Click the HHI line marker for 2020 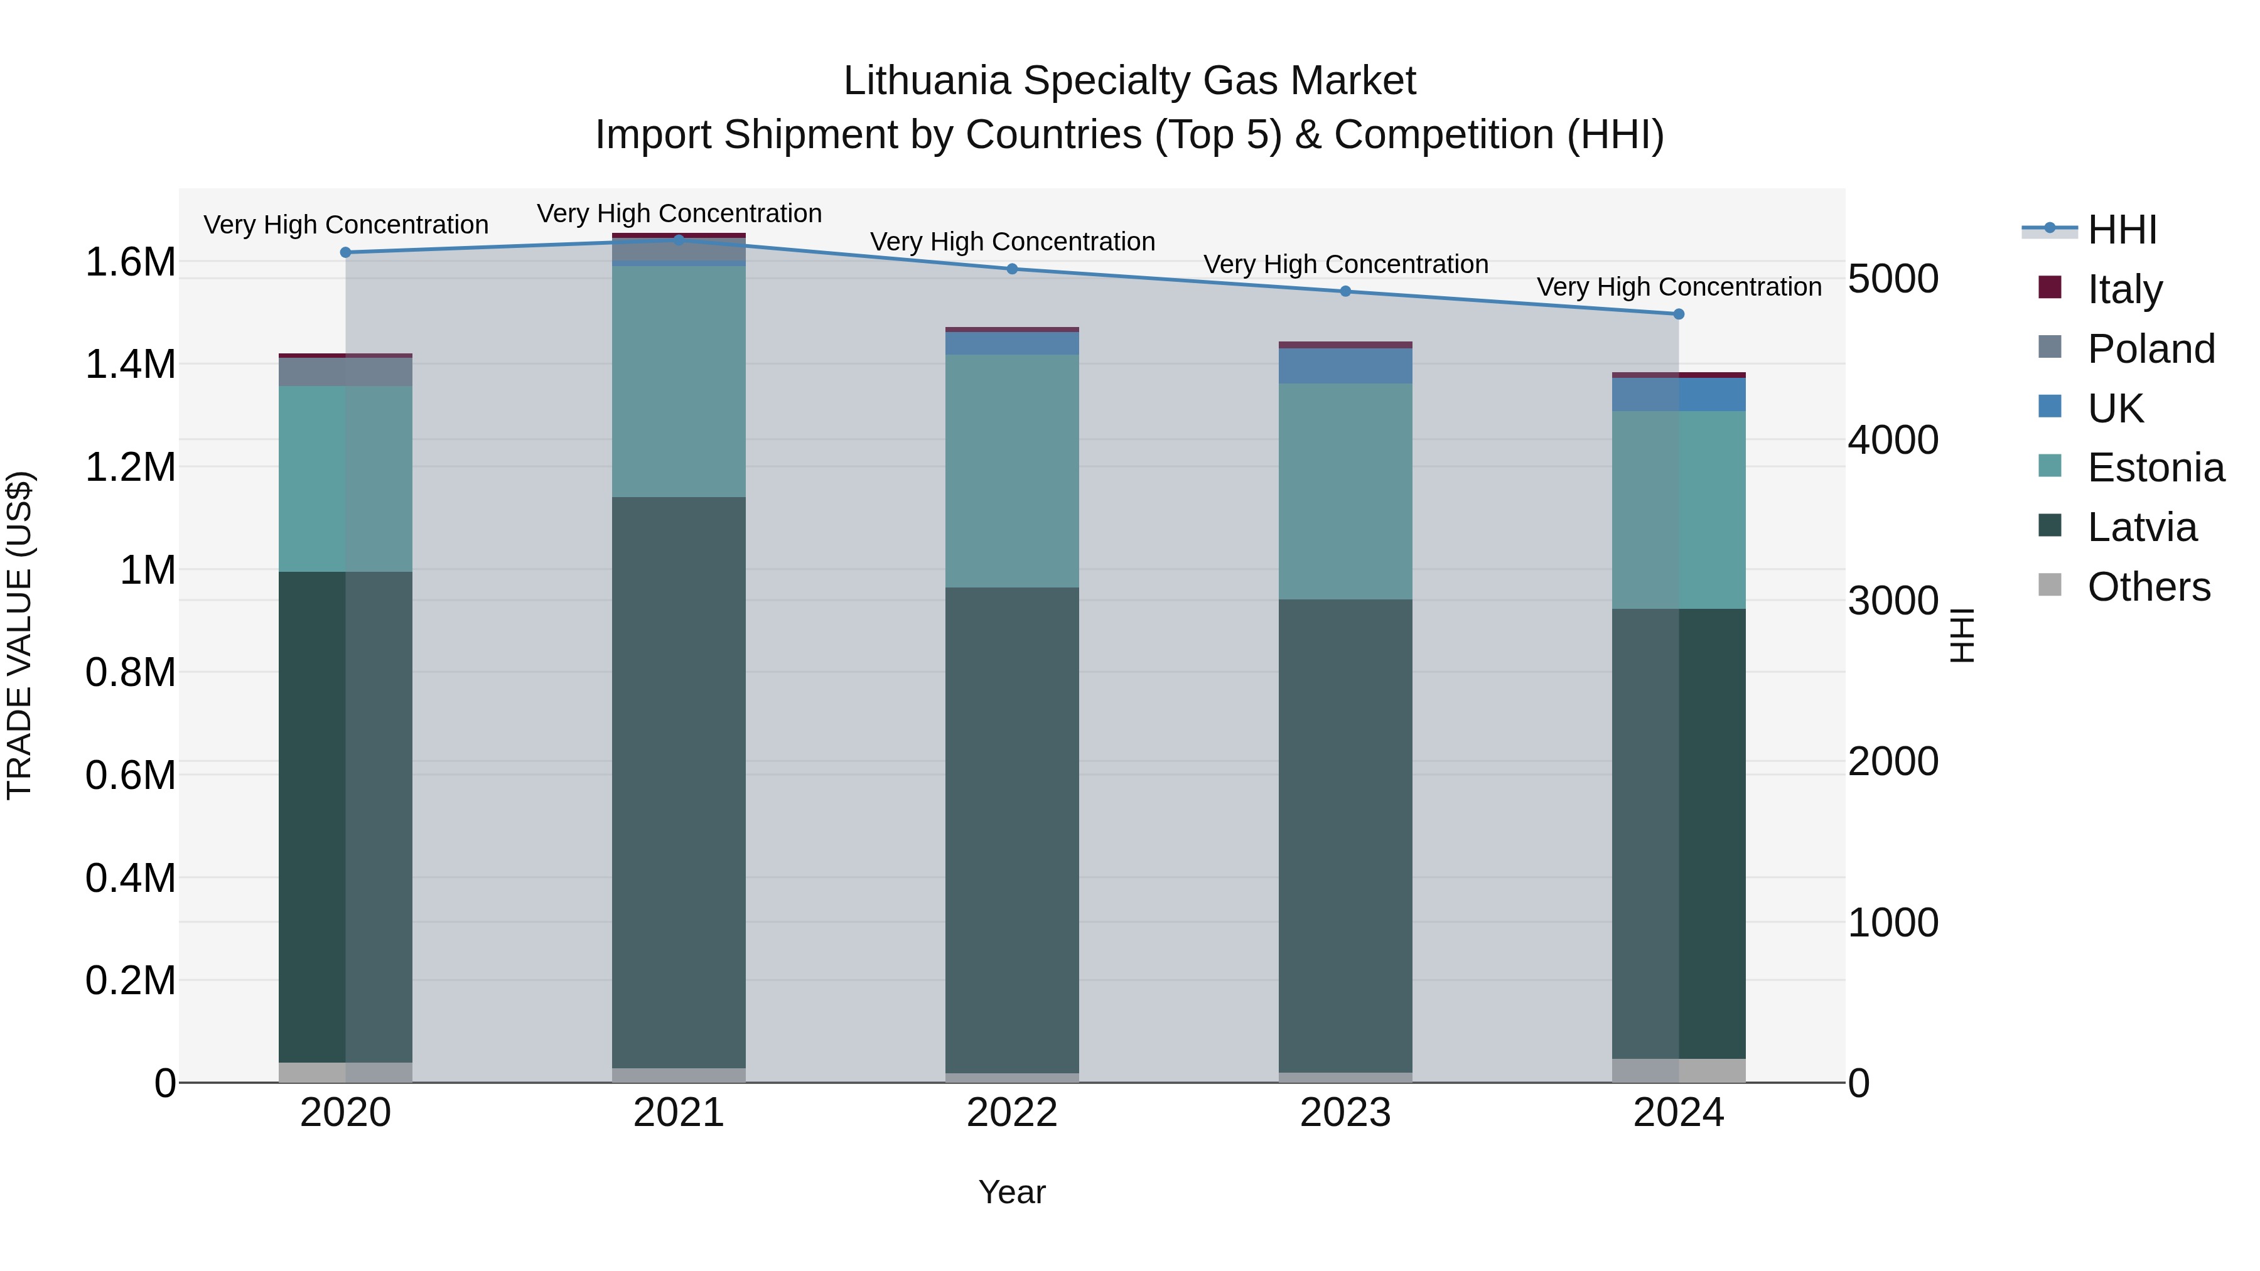click(x=346, y=252)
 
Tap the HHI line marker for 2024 click(x=1678, y=314)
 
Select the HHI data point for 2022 click(x=1011, y=269)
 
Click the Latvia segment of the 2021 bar click(x=678, y=781)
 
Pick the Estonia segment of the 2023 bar click(x=1345, y=491)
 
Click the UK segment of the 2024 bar click(x=1678, y=395)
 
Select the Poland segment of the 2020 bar click(x=346, y=372)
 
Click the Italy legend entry click(x=2124, y=289)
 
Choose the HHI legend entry click(x=2121, y=230)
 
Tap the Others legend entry click(x=2147, y=587)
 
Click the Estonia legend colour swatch click(x=2050, y=466)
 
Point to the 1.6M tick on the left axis click(x=130, y=262)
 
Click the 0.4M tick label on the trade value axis click(x=130, y=878)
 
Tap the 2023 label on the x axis click(x=1345, y=1113)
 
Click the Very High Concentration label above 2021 click(x=679, y=213)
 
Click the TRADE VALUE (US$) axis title click(x=19, y=635)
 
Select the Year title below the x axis click(x=1011, y=1192)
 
